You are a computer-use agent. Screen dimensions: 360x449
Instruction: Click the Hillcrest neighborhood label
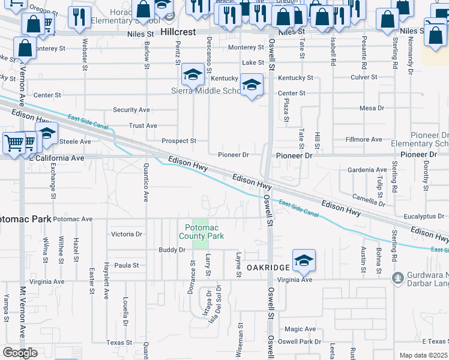[x=178, y=32]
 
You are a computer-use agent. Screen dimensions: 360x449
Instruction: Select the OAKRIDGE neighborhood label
[x=269, y=266]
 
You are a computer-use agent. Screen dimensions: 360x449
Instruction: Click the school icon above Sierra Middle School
[x=193, y=75]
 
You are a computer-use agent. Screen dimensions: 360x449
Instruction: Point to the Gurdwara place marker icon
[x=397, y=278]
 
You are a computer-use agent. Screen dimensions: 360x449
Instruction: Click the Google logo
[x=20, y=353]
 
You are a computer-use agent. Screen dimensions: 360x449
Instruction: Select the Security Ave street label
[x=131, y=110]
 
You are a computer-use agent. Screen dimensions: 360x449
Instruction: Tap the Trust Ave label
[x=143, y=126]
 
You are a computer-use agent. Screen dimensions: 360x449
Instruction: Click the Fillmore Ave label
[x=364, y=139]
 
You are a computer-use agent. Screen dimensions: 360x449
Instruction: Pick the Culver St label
[x=364, y=77]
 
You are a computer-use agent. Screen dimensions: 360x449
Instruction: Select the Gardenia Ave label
[x=367, y=170]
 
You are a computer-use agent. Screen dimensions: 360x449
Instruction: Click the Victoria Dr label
[x=127, y=234]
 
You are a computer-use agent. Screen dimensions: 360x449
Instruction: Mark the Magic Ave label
[x=300, y=329]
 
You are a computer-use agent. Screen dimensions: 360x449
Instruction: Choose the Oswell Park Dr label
[x=303, y=342]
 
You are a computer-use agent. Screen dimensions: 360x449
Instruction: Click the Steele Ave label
[x=75, y=142]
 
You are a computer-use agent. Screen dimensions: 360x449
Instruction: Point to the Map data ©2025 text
[x=424, y=355]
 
